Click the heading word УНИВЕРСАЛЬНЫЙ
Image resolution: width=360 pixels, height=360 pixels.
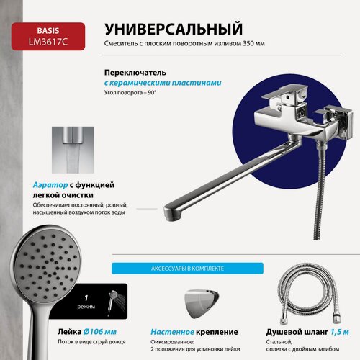click(x=172, y=30)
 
